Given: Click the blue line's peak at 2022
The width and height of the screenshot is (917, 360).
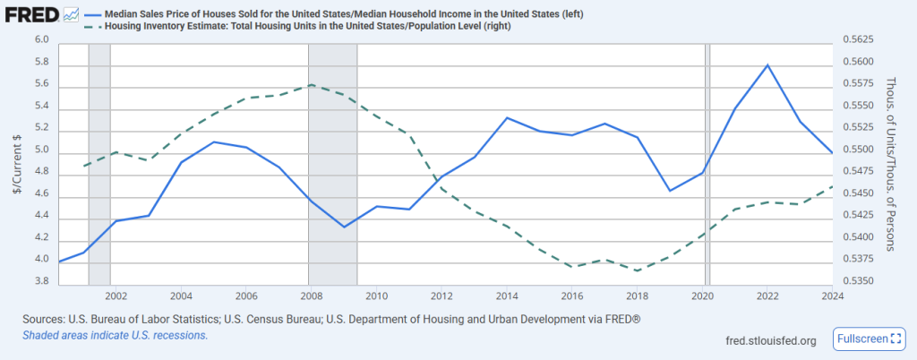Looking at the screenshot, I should pyautogui.click(x=767, y=64).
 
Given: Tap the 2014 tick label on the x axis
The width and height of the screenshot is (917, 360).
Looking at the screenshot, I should pyautogui.click(x=507, y=295).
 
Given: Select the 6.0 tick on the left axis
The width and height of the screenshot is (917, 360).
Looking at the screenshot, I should pyautogui.click(x=41, y=40).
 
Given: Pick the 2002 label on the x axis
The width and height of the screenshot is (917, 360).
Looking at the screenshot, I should pyautogui.click(x=116, y=295).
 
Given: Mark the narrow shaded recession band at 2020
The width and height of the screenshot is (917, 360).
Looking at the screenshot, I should pyautogui.click(x=707, y=161).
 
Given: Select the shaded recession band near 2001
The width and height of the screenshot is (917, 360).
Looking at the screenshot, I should pyautogui.click(x=99, y=161).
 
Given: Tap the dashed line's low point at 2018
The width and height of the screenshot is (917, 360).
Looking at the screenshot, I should pyautogui.click(x=637, y=270).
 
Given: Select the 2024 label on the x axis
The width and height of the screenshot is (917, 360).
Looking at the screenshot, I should pyautogui.click(x=833, y=295).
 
